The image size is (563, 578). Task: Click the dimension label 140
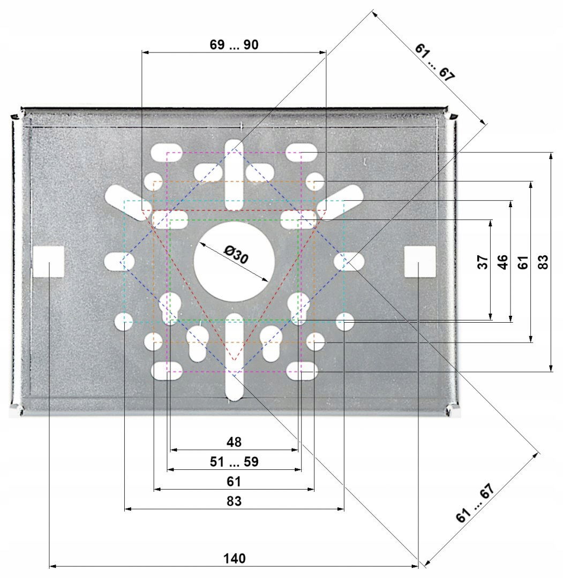234,558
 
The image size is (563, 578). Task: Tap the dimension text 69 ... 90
234,44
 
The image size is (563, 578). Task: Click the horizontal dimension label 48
234,442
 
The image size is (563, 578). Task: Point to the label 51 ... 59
234,461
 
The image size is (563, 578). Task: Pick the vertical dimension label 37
483,262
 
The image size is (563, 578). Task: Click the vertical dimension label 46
502,262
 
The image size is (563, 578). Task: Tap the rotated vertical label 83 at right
543,262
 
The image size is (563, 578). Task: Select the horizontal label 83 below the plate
234,501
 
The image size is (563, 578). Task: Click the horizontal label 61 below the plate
234,482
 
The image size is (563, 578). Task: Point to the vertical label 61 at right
523,262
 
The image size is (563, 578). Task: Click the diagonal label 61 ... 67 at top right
434,62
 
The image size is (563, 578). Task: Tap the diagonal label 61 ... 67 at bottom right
475,503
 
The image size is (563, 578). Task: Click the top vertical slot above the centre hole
234,174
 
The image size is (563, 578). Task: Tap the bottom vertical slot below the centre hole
234,357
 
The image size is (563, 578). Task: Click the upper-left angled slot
129,202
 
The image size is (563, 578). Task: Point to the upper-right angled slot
340,202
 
